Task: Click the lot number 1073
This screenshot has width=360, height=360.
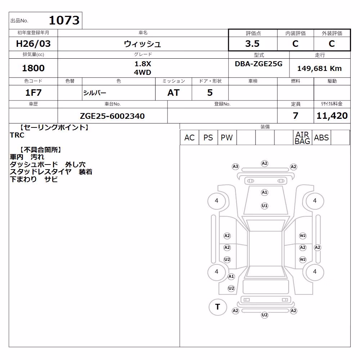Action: (x=64, y=20)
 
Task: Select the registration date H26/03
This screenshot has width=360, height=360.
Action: (x=33, y=44)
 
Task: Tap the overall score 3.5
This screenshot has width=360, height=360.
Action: (x=252, y=44)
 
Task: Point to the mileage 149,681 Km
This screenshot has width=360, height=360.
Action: (x=319, y=68)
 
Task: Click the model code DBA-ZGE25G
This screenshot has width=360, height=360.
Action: (x=258, y=64)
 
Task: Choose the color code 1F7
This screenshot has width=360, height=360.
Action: (x=33, y=93)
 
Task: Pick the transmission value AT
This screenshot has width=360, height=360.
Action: (x=174, y=93)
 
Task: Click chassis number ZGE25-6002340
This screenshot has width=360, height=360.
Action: (x=112, y=116)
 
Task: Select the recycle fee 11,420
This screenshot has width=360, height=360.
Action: (x=332, y=116)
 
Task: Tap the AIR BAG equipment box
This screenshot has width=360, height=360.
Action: (x=302, y=138)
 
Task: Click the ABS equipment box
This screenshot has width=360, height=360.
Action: (x=321, y=138)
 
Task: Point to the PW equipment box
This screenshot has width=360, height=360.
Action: (x=227, y=138)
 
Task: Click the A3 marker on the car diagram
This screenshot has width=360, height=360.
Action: (x=235, y=166)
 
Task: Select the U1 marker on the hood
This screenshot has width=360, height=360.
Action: (x=265, y=206)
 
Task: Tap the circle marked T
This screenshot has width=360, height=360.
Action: (x=218, y=307)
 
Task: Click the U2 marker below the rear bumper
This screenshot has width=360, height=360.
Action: (x=265, y=315)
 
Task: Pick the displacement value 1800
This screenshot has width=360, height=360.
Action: (x=33, y=68)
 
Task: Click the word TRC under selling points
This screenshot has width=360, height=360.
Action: (x=17, y=135)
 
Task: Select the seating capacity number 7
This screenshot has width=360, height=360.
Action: (x=296, y=116)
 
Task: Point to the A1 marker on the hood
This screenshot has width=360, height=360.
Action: (x=265, y=192)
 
